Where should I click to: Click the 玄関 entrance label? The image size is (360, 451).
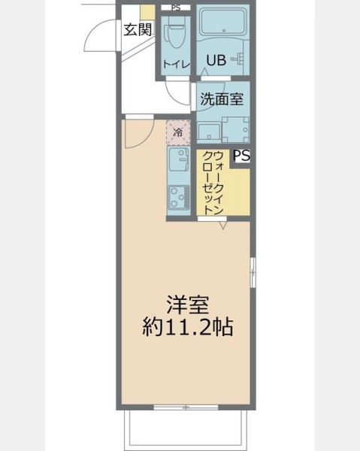click(x=138, y=29)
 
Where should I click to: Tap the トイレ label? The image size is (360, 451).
click(x=177, y=64)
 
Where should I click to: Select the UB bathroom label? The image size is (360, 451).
click(x=216, y=60)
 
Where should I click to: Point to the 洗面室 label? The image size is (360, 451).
click(x=222, y=99)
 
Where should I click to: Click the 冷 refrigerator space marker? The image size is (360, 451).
click(x=178, y=132)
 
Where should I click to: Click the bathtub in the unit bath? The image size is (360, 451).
click(x=223, y=21)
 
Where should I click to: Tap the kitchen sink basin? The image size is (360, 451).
click(x=178, y=159)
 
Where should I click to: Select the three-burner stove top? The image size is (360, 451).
click(x=179, y=197)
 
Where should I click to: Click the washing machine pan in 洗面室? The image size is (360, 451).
click(x=235, y=129)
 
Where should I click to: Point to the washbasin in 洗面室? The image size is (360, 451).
click(x=209, y=132)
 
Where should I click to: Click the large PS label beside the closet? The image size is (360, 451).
click(x=241, y=156)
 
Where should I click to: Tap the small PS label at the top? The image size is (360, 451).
click(x=176, y=8)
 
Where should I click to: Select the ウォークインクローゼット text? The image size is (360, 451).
click(x=213, y=183)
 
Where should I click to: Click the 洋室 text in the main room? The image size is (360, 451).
click(x=188, y=304)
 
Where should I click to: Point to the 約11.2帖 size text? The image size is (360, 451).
click(x=187, y=327)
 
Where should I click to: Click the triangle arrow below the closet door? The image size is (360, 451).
click(x=223, y=225)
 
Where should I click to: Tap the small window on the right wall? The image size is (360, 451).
click(x=253, y=272)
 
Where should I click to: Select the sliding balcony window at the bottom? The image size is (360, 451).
click(x=186, y=407)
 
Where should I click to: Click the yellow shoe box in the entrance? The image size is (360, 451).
click(x=147, y=13)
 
